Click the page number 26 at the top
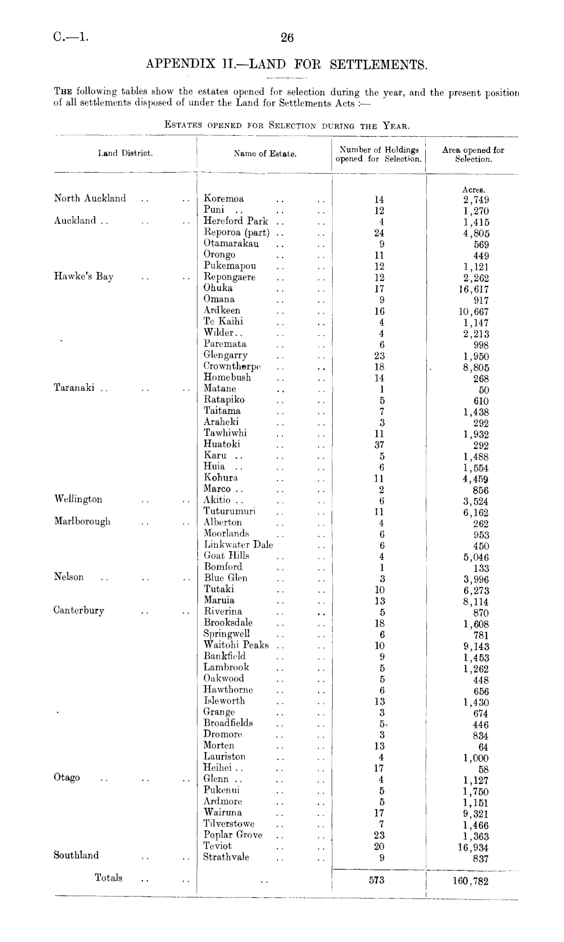pos(287,37)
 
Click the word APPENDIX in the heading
pos(175,65)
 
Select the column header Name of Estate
pos(265,154)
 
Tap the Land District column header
pos(126,153)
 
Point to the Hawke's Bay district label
pos(84,276)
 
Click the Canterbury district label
pos(79,610)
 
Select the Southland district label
pos(76,855)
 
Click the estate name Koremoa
pos(223,198)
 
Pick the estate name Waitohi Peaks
pos(236,645)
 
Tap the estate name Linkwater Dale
pos(238,545)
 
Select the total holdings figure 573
pos(377,880)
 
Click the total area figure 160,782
pos(471,881)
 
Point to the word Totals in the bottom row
pos(108,878)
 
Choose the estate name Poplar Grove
pos(233,835)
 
